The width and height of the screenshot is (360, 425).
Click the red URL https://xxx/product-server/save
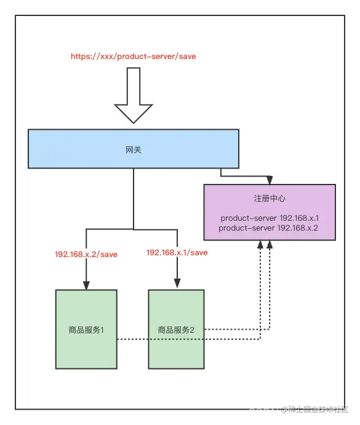coord(134,56)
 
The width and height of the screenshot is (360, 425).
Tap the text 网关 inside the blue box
coord(134,149)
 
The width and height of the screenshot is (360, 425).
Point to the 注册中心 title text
coord(270,199)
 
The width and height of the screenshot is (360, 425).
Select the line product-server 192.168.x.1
coord(270,218)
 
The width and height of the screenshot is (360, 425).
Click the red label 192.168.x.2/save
coord(86,254)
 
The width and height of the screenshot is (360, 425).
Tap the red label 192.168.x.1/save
coord(177,252)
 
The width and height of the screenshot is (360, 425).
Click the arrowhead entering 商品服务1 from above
coord(86,285)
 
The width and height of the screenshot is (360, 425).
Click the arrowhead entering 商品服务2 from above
coord(177,285)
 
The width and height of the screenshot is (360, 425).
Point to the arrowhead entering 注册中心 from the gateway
coord(269,180)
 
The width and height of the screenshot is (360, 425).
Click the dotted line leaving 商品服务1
coord(132,340)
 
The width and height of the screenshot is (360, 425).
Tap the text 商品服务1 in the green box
coord(86,330)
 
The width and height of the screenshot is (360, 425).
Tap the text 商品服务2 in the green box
coord(176,330)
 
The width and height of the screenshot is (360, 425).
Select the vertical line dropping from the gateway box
coord(134,197)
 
